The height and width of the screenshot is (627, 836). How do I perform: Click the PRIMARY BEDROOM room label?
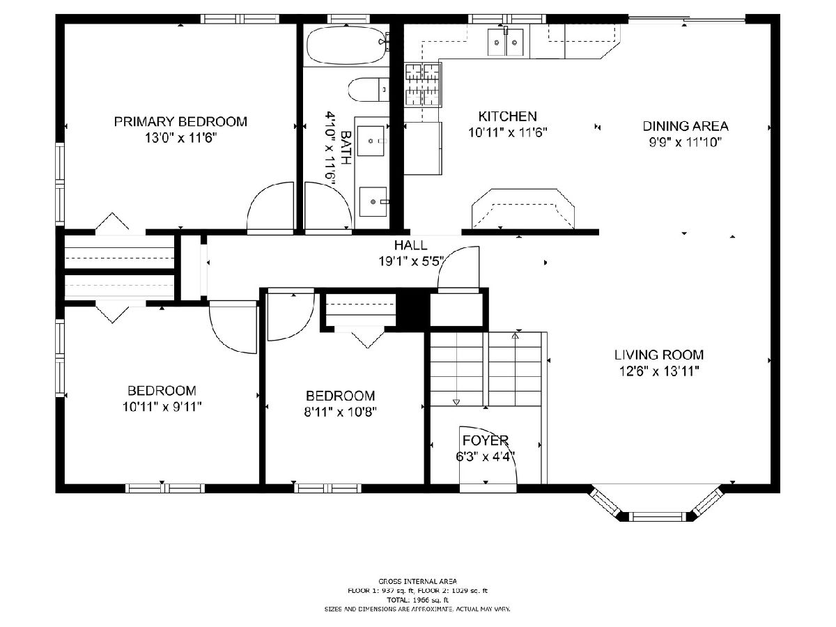(180, 121)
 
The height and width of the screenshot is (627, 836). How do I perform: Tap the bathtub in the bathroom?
(346, 45)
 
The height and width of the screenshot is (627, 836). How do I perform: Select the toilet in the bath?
(369, 89)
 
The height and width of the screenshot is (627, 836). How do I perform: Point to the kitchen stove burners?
(422, 85)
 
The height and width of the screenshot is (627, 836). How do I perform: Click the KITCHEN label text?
(507, 116)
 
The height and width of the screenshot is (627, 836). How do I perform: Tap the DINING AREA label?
(686, 126)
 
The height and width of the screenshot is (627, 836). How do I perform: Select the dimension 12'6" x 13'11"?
(659, 371)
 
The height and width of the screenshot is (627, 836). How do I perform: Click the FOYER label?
(485, 440)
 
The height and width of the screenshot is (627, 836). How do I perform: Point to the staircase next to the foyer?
(486, 369)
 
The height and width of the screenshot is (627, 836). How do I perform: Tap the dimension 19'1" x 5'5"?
(411, 261)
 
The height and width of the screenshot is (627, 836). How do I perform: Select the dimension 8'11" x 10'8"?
(340, 412)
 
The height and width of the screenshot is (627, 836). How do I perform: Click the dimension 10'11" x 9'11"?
(162, 407)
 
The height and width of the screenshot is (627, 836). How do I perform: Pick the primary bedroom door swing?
(270, 206)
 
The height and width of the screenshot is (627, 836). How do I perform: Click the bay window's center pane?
(656, 517)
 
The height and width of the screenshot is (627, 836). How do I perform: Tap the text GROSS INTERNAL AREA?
(417, 581)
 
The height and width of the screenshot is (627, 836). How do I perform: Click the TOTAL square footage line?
(417, 600)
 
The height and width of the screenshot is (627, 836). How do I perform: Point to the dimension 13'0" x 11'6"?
(180, 138)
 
